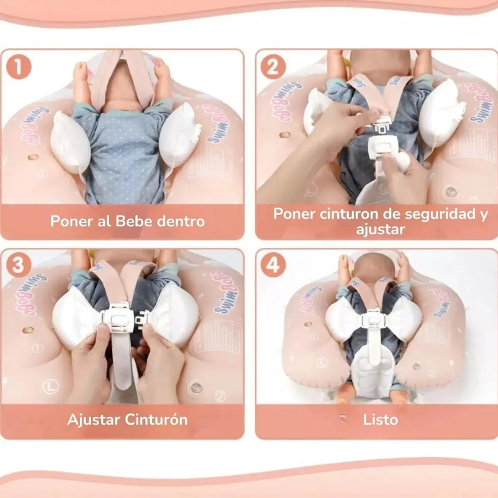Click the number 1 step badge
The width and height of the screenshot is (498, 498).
pyautogui.click(x=19, y=67)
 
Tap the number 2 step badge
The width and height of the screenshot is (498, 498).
pyautogui.click(x=273, y=67)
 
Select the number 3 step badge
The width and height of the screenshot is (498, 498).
pyautogui.click(x=18, y=265)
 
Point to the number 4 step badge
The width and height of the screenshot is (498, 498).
pyautogui.click(x=273, y=265)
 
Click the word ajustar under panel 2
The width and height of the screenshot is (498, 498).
pyautogui.click(x=380, y=229)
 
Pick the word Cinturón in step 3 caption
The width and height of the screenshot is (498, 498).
pyautogui.click(x=156, y=419)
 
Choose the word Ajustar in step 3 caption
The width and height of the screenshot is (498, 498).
pyautogui.click(x=94, y=419)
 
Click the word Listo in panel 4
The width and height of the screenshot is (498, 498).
pyautogui.click(x=380, y=419)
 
